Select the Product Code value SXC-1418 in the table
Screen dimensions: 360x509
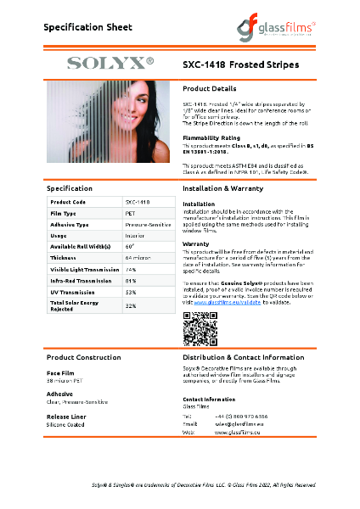(x=138, y=202)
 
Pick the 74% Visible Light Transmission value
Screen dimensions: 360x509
(x=131, y=268)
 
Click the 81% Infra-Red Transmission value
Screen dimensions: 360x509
(x=131, y=279)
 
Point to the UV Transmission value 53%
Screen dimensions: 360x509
(x=131, y=291)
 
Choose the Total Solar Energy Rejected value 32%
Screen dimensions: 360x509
(x=131, y=305)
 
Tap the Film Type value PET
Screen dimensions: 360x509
(x=131, y=213)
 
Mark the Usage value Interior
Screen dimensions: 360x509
(x=134, y=235)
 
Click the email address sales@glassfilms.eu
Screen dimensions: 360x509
(x=239, y=424)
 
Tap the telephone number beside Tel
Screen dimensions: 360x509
(x=240, y=417)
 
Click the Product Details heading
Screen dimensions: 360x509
(x=209, y=88)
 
